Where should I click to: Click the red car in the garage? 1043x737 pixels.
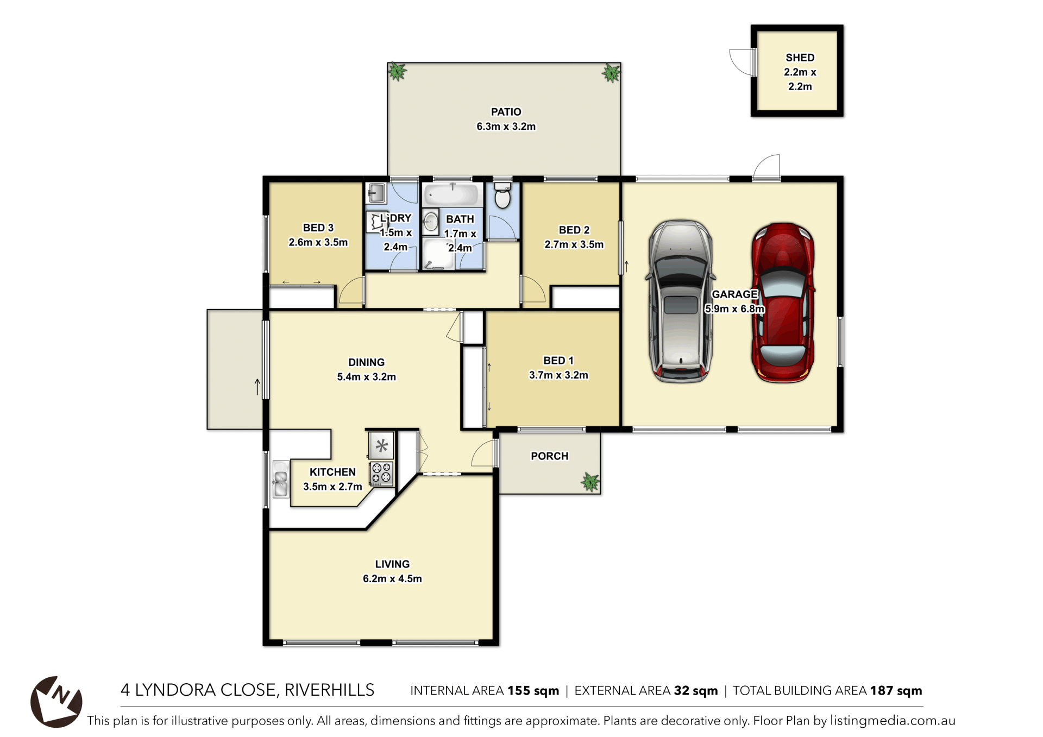click(783, 303)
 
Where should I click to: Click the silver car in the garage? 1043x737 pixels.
click(680, 301)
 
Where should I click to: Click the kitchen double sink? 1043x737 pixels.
click(280, 478)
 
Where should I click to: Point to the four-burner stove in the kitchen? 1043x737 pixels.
click(381, 473)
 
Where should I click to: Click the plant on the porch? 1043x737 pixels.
click(590, 481)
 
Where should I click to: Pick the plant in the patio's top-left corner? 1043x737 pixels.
click(397, 71)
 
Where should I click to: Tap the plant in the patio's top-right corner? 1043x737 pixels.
click(611, 72)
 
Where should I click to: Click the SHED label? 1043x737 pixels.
click(800, 58)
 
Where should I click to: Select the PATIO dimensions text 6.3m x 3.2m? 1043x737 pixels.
click(506, 127)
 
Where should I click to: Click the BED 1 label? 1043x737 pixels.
click(558, 361)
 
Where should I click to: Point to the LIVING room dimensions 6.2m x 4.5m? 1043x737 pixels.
click(392, 579)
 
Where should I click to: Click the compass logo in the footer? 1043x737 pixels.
click(56, 702)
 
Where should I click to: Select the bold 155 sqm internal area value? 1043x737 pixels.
click(533, 691)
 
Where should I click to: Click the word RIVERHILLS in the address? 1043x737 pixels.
click(329, 690)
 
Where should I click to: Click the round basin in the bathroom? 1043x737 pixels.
click(431, 222)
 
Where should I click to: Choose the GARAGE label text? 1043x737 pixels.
click(734, 294)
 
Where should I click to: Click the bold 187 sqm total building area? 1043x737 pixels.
click(896, 691)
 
